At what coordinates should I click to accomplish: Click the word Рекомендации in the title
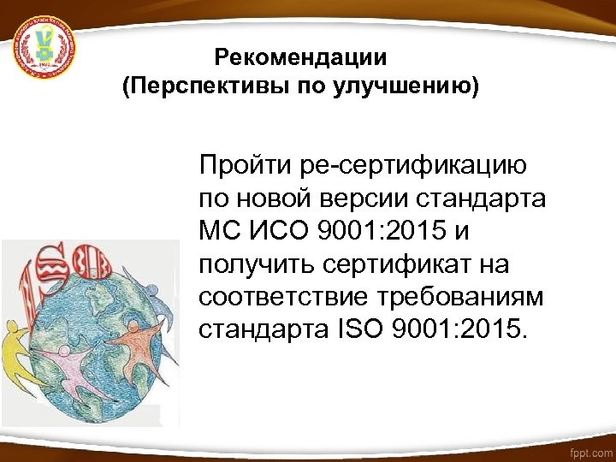coord(301,58)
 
